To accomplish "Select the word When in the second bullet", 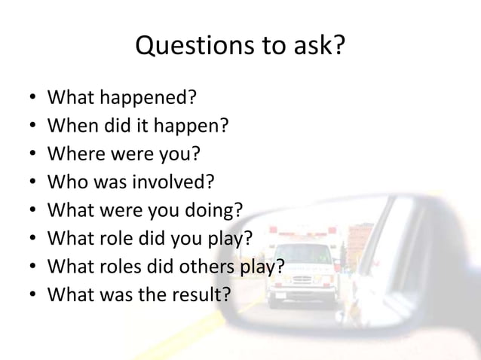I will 71,126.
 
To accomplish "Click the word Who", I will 65,182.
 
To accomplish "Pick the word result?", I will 201,293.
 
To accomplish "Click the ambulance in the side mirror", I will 301,263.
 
